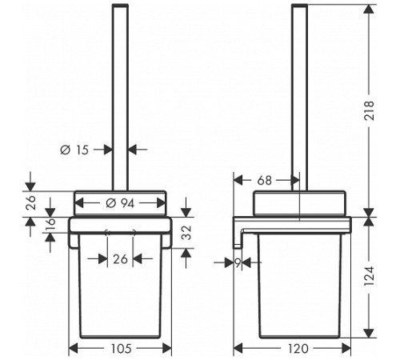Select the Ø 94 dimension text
pyautogui.click(x=120, y=203)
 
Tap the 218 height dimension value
pyautogui.click(x=370, y=110)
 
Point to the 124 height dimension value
pyautogui.click(x=370, y=276)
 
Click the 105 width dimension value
pyautogui.click(x=121, y=348)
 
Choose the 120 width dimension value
pyautogui.click(x=298, y=348)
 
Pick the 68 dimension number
pyautogui.click(x=264, y=181)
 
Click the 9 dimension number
pyautogui.click(x=238, y=263)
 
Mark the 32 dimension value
pyautogui.click(x=187, y=233)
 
